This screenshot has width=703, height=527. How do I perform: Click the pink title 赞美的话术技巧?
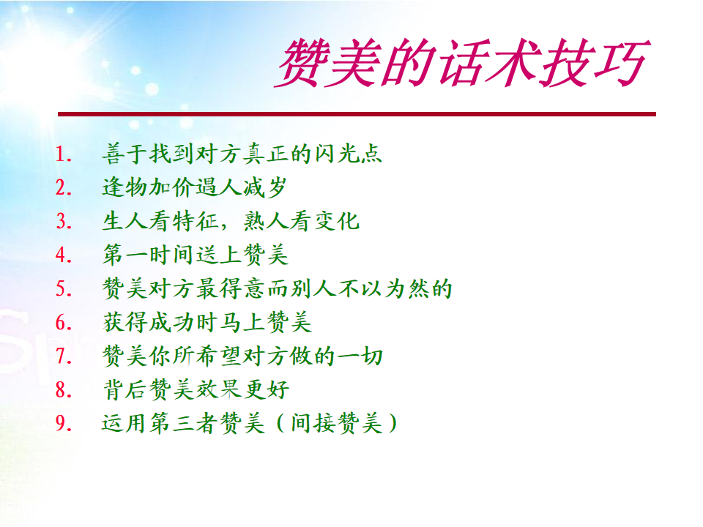pos(462,63)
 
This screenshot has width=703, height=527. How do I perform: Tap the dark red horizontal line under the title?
pos(357,114)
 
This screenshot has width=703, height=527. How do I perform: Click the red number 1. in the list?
pos(64,154)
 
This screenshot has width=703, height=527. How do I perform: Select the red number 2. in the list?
pos(64,188)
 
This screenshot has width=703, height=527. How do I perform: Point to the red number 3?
pos(64,221)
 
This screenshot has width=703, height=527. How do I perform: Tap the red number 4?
pos(64,255)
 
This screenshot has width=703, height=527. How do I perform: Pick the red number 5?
pos(64,288)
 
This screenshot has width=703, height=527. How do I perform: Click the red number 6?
pos(64,323)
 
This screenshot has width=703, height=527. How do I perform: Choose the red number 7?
pos(64,356)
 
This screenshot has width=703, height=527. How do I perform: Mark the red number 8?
pos(64,390)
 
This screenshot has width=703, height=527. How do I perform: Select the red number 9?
pos(64,424)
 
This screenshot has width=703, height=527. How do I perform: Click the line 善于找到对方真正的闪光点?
pos(242,154)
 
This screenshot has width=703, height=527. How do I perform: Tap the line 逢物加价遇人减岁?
pos(195,187)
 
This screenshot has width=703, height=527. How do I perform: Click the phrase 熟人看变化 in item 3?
pos(301,221)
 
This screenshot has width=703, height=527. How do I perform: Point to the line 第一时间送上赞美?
pos(195,255)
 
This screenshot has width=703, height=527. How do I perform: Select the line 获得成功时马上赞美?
pos(207,323)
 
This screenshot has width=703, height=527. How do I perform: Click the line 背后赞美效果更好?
pos(196,390)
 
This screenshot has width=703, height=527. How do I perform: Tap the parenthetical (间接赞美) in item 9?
pos(337,424)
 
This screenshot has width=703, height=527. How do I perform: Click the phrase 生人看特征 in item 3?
pos(160,221)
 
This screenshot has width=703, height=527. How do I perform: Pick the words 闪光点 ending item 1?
pos(348,154)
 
